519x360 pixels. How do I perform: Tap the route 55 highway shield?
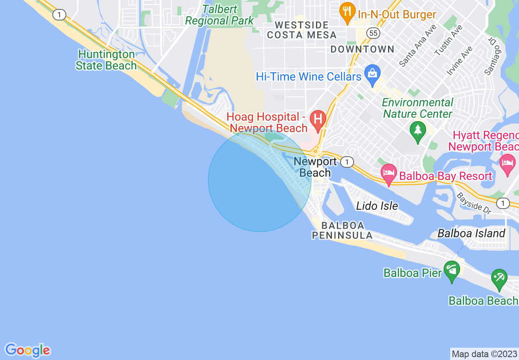pyautogui.click(x=373, y=33)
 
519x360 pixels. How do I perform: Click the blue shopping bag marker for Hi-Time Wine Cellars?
pyautogui.click(x=372, y=74)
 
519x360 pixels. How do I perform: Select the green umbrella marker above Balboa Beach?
pyautogui.click(x=499, y=279)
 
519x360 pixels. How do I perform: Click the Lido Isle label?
pyautogui.click(x=377, y=205)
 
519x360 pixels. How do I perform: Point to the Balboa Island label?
pyautogui.click(x=472, y=233)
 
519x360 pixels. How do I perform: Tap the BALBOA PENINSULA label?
pyautogui.click(x=343, y=230)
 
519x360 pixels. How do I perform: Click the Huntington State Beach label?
pyautogui.click(x=106, y=60)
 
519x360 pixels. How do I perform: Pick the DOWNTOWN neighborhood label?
pyautogui.click(x=362, y=49)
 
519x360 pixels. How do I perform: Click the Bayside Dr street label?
pyautogui.click(x=474, y=202)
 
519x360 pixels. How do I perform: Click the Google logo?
pyautogui.click(x=28, y=350)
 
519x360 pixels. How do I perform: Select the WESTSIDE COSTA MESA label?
pyautogui.click(x=302, y=30)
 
